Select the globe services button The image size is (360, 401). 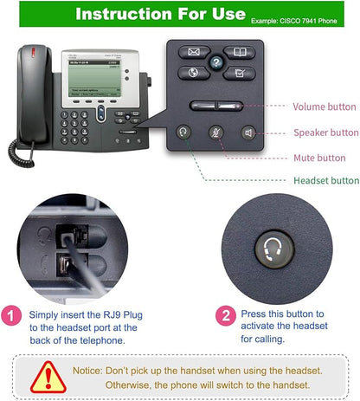point(190,74)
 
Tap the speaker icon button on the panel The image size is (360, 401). point(249,133)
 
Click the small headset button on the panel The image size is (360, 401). point(183,133)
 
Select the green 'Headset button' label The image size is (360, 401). point(326,180)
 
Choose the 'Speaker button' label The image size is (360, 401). point(325,133)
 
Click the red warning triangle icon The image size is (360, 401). point(48,375)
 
